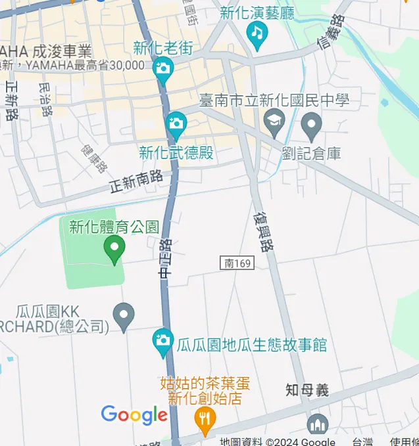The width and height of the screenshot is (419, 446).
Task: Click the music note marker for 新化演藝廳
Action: [257, 33]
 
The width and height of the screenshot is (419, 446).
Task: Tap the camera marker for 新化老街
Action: [162, 68]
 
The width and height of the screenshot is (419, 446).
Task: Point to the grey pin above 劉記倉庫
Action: [311, 123]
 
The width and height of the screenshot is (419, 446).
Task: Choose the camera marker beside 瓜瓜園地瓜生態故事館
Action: [162, 341]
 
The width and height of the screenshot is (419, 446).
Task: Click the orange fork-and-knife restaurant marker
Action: [206, 417]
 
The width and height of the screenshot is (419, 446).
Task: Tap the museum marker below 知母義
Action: [317, 425]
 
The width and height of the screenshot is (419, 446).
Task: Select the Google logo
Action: [134, 415]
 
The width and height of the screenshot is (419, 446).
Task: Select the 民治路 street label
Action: [45, 99]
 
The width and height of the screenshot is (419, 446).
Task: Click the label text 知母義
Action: [307, 390]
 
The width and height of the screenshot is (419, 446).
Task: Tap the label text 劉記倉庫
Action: [311, 154]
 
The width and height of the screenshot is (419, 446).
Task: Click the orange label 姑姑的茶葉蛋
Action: [205, 383]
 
